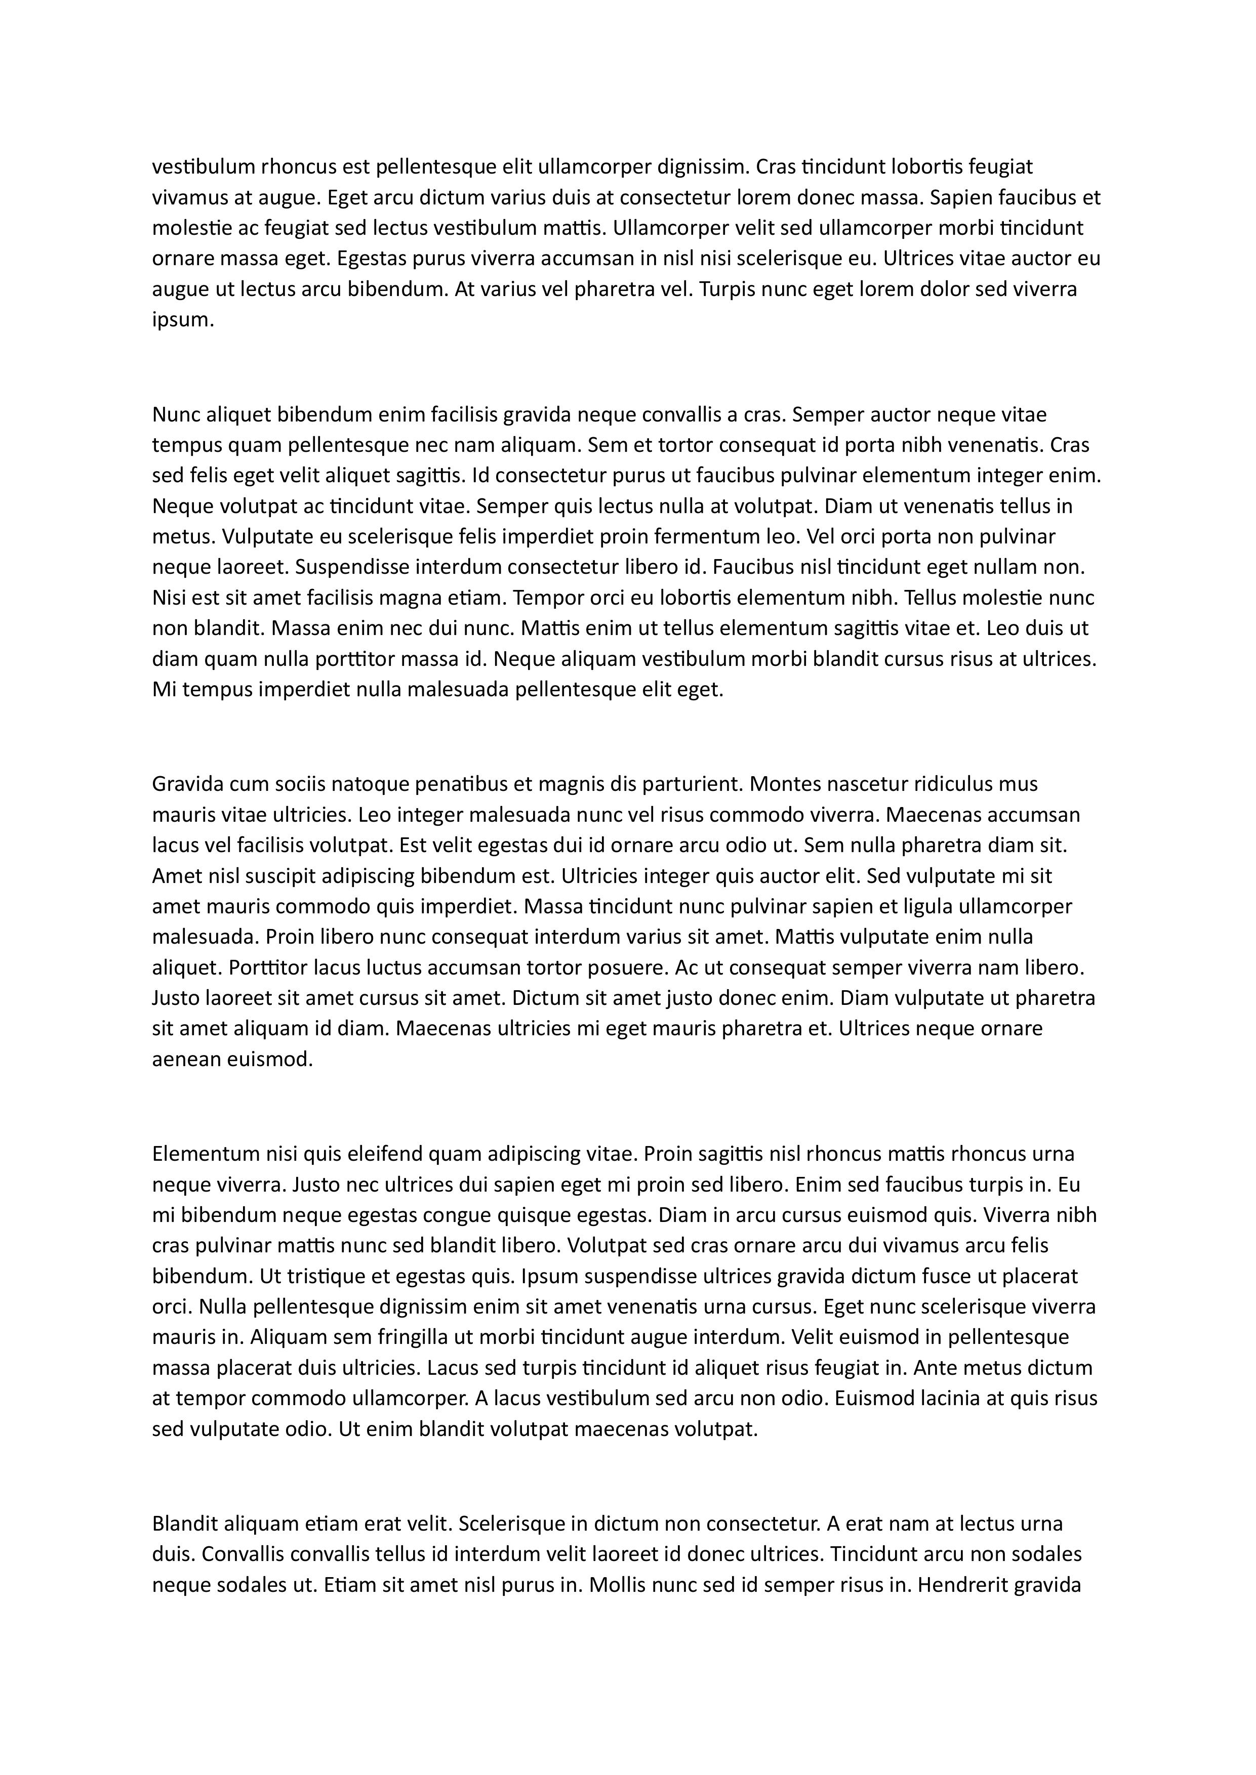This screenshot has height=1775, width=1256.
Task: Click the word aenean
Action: (x=186, y=1059)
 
